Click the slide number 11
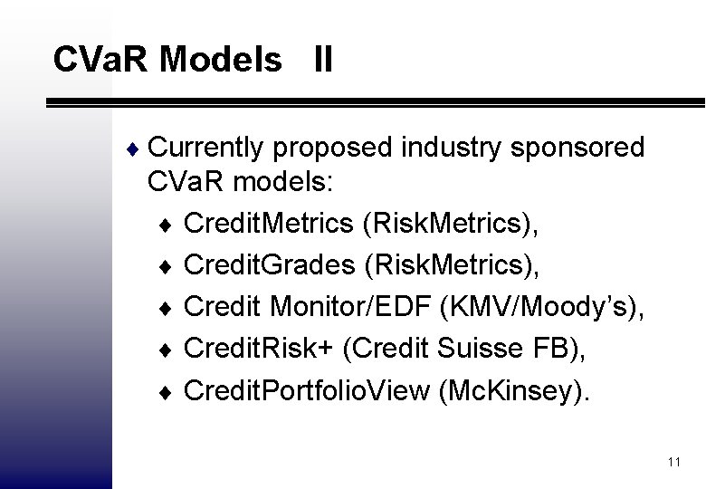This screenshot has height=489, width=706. click(x=673, y=462)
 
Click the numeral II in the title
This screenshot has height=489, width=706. click(x=322, y=60)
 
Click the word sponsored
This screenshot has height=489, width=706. click(x=580, y=147)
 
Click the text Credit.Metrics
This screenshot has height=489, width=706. click(x=269, y=224)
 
